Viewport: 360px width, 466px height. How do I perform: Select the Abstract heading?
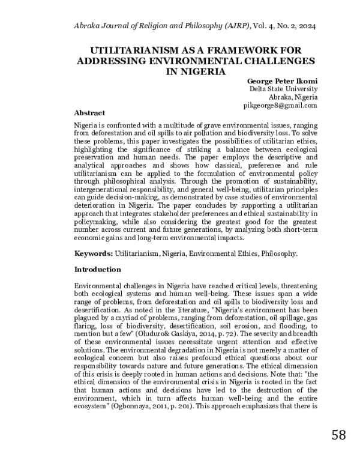tap(89, 113)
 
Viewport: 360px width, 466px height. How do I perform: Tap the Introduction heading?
tap(97, 270)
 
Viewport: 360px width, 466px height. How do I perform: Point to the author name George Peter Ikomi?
tap(281, 80)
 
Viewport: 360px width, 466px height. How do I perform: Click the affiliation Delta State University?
tap(283, 89)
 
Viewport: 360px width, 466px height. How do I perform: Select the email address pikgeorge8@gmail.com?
tap(280, 105)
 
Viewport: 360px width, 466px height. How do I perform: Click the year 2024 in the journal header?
tap(305, 26)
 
